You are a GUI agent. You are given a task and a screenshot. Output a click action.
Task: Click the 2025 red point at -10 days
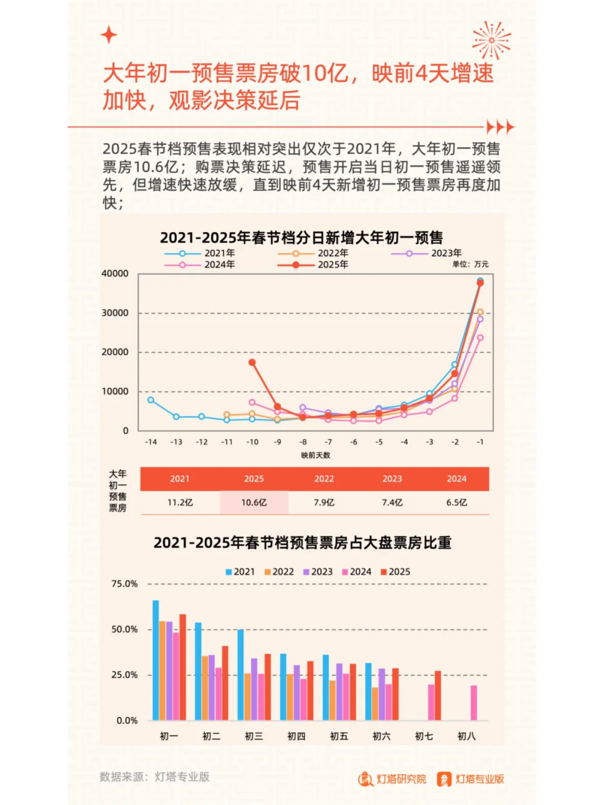click(252, 363)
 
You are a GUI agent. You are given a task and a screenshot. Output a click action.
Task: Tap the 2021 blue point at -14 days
click(151, 400)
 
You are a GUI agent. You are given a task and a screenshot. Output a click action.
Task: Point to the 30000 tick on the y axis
click(115, 313)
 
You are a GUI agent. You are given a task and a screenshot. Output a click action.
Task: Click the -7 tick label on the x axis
click(328, 442)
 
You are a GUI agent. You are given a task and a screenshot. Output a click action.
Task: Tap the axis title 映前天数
click(315, 455)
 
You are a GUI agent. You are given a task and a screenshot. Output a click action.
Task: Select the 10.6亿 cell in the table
click(254, 502)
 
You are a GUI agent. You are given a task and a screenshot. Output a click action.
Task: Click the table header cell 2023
click(392, 479)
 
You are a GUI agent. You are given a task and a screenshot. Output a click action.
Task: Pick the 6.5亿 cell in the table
click(456, 502)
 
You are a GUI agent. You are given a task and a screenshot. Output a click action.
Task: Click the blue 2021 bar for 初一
click(155, 660)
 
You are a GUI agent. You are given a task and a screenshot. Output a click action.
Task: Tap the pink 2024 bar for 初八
click(474, 703)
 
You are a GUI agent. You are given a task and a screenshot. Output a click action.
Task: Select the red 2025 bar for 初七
click(438, 695)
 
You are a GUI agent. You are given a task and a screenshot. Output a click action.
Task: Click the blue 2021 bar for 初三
click(240, 675)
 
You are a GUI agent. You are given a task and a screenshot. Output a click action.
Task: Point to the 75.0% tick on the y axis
click(124, 583)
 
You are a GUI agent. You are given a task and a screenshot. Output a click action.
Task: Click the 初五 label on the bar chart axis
click(339, 736)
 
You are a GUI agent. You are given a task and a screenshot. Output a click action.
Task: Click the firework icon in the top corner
click(491, 40)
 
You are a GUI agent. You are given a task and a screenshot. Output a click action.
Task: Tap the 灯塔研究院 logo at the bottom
click(393, 779)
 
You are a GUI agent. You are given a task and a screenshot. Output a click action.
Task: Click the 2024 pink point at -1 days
click(480, 338)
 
